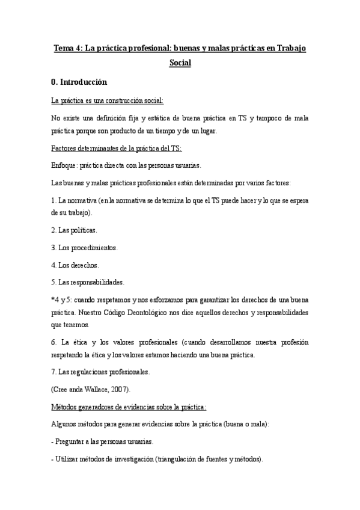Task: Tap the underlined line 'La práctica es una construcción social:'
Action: (x=108, y=100)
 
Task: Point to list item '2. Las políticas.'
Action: (x=75, y=230)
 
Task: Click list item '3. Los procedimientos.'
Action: (x=85, y=247)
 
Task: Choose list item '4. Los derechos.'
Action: (x=75, y=264)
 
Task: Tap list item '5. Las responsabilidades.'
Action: (x=88, y=281)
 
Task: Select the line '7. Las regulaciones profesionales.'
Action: (x=100, y=372)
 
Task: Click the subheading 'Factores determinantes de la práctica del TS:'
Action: (x=117, y=148)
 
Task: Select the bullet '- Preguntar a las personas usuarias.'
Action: (x=102, y=441)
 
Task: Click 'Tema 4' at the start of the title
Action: (x=67, y=48)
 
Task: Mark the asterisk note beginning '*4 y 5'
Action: (x=63, y=299)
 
